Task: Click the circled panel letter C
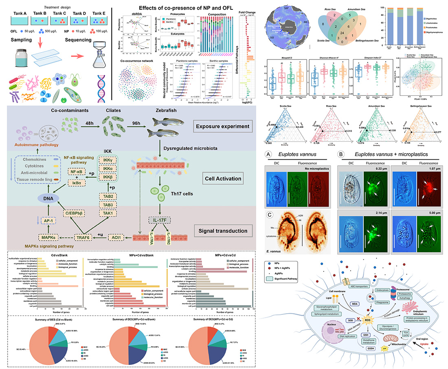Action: coord(269,213)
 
